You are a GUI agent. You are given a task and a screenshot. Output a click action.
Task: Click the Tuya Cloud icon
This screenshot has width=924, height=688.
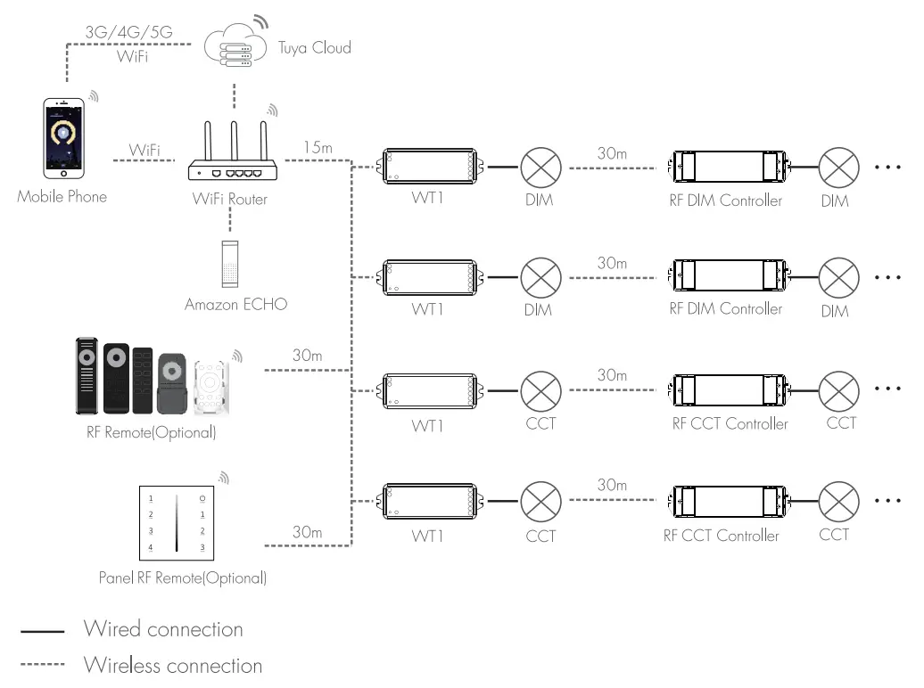(234, 50)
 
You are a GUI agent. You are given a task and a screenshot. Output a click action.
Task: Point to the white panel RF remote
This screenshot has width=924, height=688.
(177, 521)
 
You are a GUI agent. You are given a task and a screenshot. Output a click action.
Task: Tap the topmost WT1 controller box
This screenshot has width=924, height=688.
(429, 166)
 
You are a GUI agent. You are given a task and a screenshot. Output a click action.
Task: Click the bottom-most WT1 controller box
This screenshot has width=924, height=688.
(429, 500)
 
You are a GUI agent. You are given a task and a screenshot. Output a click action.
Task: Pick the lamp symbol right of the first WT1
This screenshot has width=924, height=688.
(540, 166)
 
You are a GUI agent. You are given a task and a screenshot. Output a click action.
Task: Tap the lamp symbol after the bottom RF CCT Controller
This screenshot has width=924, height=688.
(839, 500)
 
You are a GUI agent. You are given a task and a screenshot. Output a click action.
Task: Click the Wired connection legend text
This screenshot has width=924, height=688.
(163, 629)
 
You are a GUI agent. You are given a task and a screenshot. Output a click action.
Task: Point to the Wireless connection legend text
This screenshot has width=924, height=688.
(173, 666)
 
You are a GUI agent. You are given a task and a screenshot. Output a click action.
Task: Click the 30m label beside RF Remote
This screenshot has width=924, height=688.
(307, 356)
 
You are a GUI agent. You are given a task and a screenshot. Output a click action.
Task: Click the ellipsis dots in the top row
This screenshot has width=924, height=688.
(889, 167)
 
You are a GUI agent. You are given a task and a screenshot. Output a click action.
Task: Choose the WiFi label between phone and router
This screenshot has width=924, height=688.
(144, 149)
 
